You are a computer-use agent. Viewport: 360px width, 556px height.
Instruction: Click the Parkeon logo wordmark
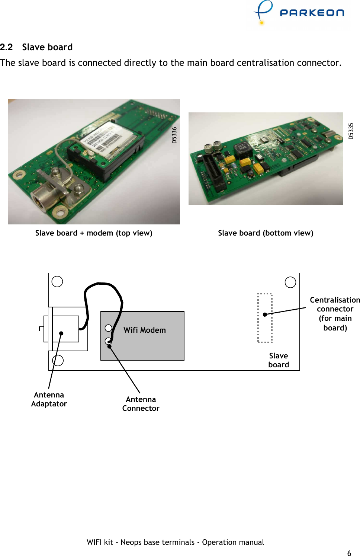coord(312,13)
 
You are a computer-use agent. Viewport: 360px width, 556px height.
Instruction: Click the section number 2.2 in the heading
coord(6,47)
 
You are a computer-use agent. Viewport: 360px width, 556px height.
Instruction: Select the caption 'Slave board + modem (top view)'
coord(94,233)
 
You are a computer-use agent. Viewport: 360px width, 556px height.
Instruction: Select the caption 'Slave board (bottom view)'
coord(266,233)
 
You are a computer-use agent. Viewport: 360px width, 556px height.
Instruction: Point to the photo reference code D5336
coord(174,135)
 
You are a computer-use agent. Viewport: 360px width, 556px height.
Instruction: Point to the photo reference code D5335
coord(351,131)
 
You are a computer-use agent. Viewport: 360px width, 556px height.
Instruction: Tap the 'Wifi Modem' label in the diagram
coord(145,330)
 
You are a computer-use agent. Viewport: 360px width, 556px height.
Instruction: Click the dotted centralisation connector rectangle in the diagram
coord(265,318)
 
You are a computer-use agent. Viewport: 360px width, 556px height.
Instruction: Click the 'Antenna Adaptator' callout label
coord(49,399)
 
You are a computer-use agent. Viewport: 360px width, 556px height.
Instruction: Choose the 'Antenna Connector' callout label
coord(141,404)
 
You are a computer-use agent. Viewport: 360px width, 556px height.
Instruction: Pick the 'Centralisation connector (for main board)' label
coord(335,314)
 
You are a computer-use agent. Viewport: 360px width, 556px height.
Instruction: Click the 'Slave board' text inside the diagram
coord(279,360)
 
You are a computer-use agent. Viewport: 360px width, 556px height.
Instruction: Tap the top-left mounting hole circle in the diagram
coord(57,282)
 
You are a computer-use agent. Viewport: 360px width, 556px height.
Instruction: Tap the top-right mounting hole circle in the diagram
coord(290,282)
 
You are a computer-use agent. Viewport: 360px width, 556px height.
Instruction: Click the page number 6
coord(349,553)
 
